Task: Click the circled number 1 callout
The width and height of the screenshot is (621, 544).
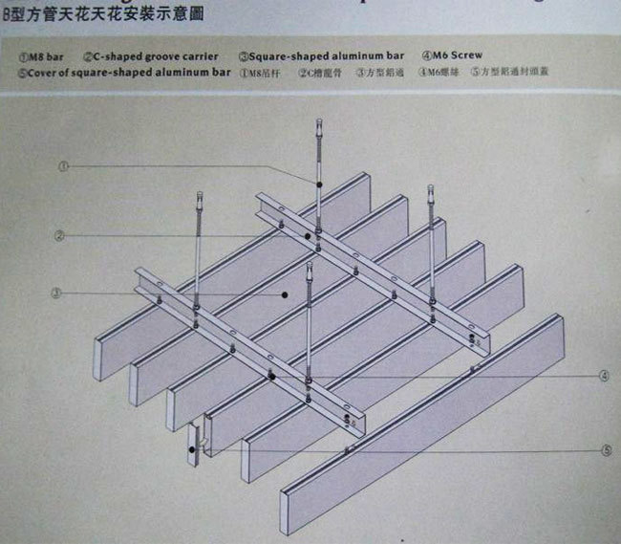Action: pos(63,164)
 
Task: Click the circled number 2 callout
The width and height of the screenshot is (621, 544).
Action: pos(59,235)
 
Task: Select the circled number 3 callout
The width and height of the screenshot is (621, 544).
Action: pos(57,293)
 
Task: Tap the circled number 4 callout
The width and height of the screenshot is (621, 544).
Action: pos(604,377)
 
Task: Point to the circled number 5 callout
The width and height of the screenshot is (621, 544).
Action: pos(605,448)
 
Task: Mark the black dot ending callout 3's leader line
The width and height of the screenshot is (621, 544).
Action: pos(284,295)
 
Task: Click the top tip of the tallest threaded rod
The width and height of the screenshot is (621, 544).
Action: pos(319,120)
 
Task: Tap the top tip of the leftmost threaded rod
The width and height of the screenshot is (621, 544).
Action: pos(199,194)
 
